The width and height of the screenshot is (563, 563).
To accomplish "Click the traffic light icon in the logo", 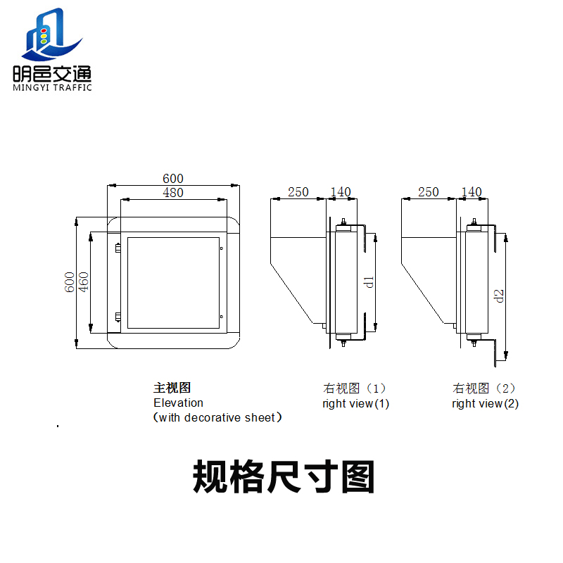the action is [x=44, y=36].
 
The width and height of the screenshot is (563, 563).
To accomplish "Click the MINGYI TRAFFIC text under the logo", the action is [x=52, y=87].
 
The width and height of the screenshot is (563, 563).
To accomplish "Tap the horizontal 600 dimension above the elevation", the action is [x=173, y=179].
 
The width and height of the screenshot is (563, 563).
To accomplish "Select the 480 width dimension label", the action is [x=173, y=192].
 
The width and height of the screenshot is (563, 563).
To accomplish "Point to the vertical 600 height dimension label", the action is [x=69, y=282].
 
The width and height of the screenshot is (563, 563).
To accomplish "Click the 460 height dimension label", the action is [x=83, y=282].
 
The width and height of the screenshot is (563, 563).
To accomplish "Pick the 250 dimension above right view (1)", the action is [x=298, y=191].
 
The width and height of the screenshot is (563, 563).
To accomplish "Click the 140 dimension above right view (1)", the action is [x=341, y=191].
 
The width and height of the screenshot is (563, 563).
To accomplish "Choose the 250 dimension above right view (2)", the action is [x=429, y=191].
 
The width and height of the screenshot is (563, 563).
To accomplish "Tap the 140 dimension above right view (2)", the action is [x=472, y=191].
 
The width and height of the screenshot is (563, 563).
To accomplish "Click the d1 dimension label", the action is [x=369, y=282].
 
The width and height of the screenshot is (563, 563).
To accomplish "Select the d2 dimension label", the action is [x=499, y=296].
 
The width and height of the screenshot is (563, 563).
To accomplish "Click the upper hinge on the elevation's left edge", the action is [x=118, y=248].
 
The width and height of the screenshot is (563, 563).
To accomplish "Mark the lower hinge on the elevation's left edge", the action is [x=118, y=317].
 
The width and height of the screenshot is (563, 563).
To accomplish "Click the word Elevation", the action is [x=179, y=403].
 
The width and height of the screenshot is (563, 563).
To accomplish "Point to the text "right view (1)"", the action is [x=356, y=403].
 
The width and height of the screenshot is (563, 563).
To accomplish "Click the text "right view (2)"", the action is [x=486, y=403].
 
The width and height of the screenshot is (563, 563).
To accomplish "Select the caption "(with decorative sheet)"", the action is [x=217, y=417].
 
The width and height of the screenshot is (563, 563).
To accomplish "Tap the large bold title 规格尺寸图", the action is [x=284, y=476].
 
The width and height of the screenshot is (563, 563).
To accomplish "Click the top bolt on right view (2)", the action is [x=474, y=222].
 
